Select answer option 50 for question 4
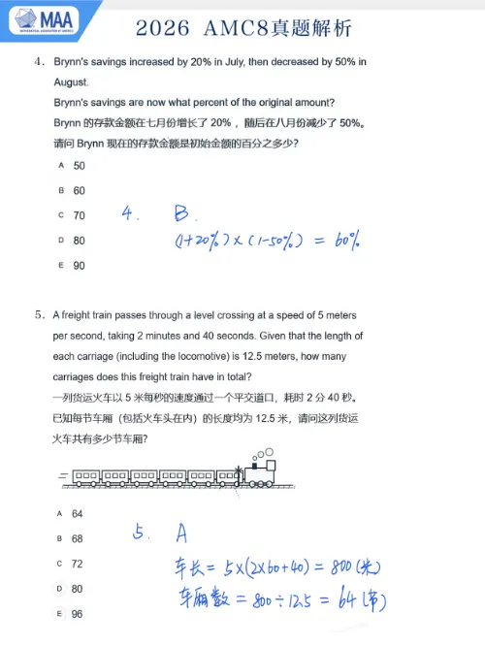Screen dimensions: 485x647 pyautogui.click(x=79, y=166)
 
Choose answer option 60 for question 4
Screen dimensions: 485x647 pyautogui.click(x=79, y=191)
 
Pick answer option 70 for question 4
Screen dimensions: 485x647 pyautogui.click(x=79, y=215)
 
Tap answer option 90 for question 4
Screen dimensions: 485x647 pyautogui.click(x=79, y=265)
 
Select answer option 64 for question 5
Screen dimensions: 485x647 pyautogui.click(x=78, y=514)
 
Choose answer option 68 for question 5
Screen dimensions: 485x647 pyautogui.click(x=78, y=538)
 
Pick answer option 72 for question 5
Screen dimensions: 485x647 pyautogui.click(x=78, y=564)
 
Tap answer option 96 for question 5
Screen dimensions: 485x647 pyautogui.click(x=78, y=614)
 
